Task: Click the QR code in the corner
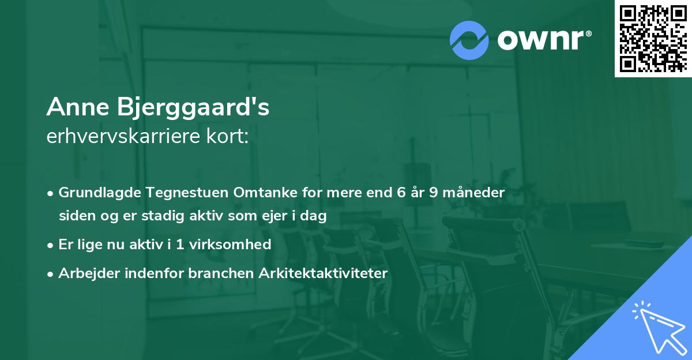pyautogui.click(x=653, y=39)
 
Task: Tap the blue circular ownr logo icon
pyautogui.click(x=469, y=40)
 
